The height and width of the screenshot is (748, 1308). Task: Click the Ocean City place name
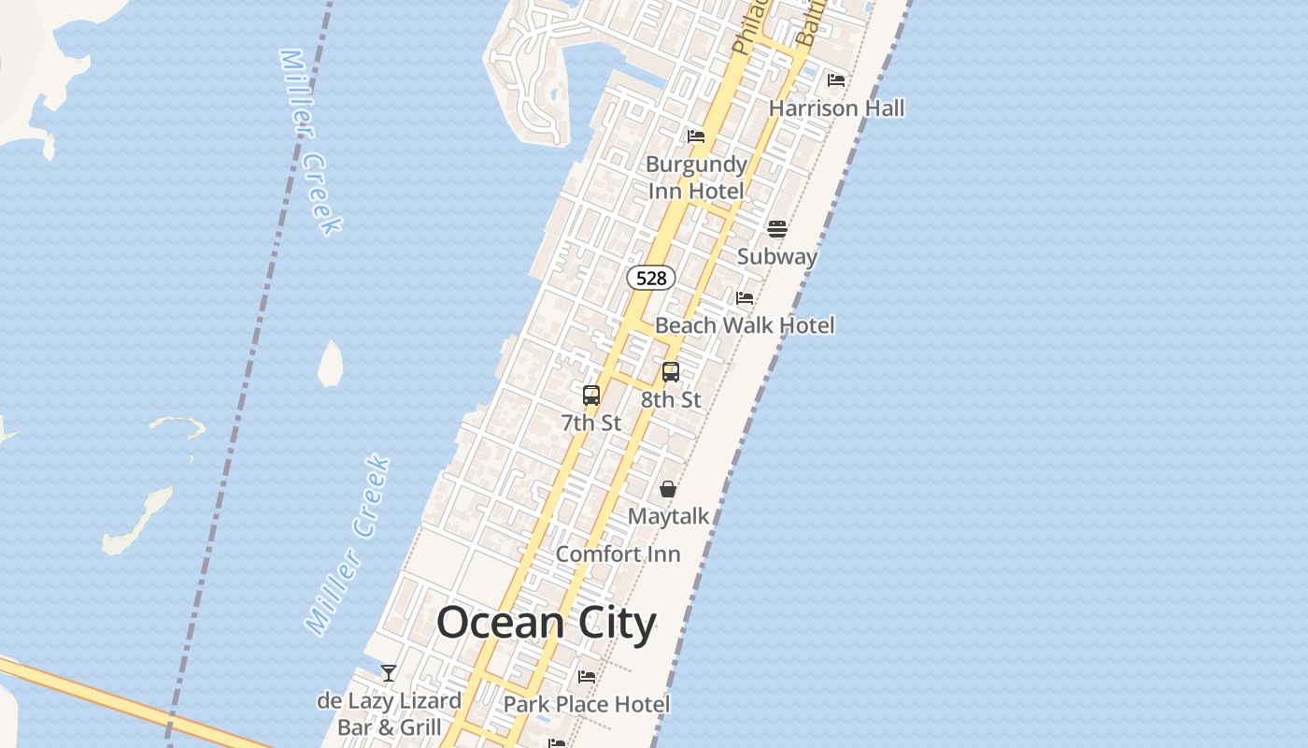click(x=547, y=623)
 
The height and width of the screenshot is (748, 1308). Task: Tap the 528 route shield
click(x=651, y=278)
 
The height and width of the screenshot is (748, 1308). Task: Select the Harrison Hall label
click(x=836, y=108)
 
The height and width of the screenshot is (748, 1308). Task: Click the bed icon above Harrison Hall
click(x=836, y=80)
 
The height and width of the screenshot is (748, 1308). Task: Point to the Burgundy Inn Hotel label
click(x=697, y=178)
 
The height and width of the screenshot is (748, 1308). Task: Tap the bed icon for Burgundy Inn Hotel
click(x=696, y=137)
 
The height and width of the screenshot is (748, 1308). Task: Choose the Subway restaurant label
click(x=777, y=256)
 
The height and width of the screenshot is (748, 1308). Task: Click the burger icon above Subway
click(x=777, y=229)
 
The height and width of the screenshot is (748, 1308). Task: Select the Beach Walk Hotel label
click(x=745, y=325)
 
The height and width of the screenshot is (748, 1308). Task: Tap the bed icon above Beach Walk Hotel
click(x=745, y=298)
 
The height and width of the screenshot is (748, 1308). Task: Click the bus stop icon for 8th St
click(x=671, y=372)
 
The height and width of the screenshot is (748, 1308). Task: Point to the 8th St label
click(x=671, y=399)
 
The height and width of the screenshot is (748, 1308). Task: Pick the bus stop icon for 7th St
click(x=591, y=396)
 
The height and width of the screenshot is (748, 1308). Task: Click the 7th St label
click(x=591, y=423)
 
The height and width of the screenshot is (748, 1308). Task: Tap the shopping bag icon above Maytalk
click(x=668, y=489)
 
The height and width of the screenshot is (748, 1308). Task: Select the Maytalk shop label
click(x=668, y=516)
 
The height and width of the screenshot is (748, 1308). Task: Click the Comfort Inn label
click(x=618, y=554)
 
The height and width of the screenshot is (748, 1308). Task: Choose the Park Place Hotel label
click(x=587, y=704)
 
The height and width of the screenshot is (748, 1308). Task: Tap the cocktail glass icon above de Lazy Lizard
click(x=389, y=673)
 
